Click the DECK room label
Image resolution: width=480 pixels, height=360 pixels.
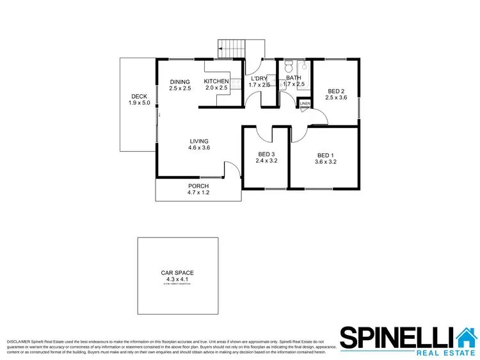[139, 97]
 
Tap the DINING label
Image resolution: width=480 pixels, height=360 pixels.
[180, 81]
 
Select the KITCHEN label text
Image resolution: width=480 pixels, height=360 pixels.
[216, 81]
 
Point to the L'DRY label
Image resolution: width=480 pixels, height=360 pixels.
[260, 78]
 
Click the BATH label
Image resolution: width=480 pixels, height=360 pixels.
[294, 78]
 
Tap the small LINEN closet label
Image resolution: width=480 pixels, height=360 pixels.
[305, 104]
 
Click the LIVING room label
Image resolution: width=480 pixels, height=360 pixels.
[199, 141]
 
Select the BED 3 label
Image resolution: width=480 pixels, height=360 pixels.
[267, 154]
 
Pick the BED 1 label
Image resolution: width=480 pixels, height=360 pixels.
[326, 155]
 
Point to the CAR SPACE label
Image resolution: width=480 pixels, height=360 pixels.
[177, 273]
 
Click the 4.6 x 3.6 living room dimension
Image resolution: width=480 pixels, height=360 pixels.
[199, 148]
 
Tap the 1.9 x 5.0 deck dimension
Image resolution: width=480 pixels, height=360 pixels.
[139, 103]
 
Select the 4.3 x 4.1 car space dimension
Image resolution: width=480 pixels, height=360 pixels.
[177, 279]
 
